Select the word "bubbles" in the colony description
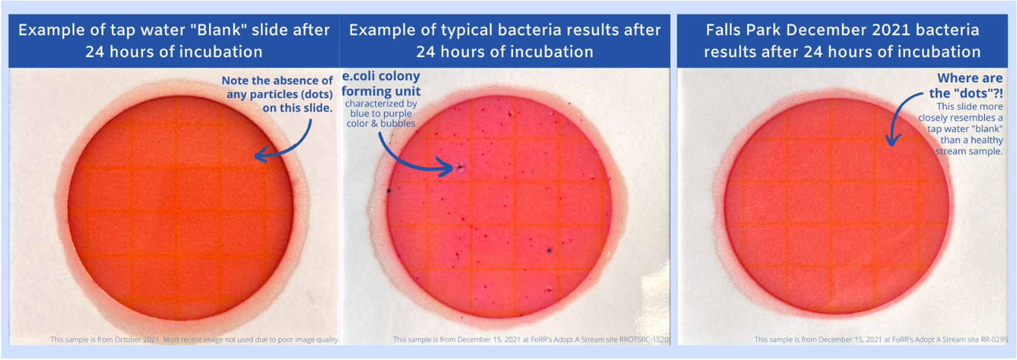[x=398, y=123]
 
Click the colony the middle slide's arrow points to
[x=460, y=168]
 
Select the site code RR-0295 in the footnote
[x=994, y=340]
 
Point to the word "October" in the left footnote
[x=127, y=340]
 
